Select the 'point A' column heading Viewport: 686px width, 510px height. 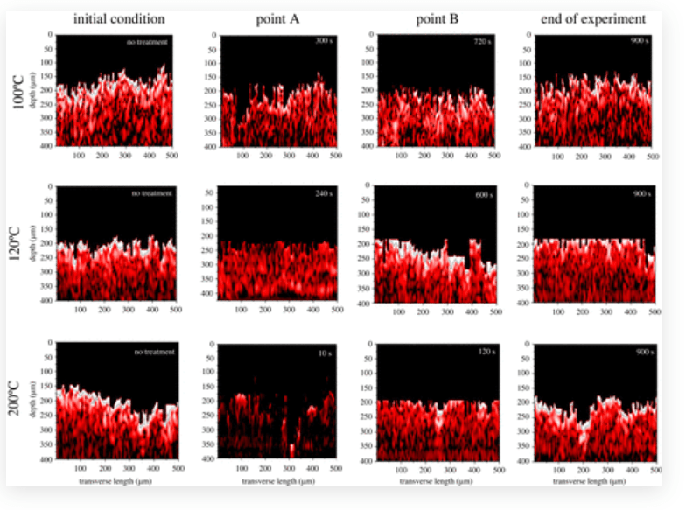click(278, 17)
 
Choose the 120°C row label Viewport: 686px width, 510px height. click(20, 242)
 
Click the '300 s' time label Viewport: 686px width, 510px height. click(324, 42)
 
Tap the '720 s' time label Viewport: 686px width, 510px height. click(481, 42)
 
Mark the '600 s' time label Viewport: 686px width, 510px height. click(481, 193)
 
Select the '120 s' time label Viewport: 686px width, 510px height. click(481, 353)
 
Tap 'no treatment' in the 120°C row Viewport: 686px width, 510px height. click(154, 193)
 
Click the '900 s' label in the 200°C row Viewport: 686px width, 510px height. click(639, 353)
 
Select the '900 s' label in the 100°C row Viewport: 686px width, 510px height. click(639, 42)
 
